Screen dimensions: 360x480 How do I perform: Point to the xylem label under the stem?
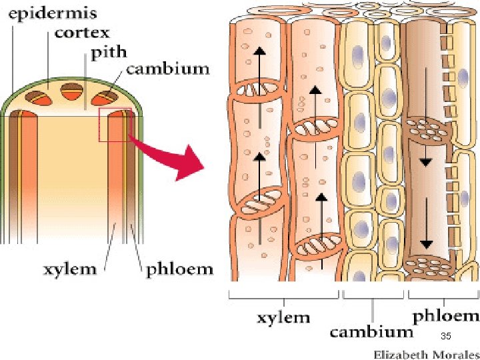(69, 269)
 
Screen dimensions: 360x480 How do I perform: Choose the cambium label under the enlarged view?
(371, 331)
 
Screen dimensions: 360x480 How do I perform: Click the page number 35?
(446, 335)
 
